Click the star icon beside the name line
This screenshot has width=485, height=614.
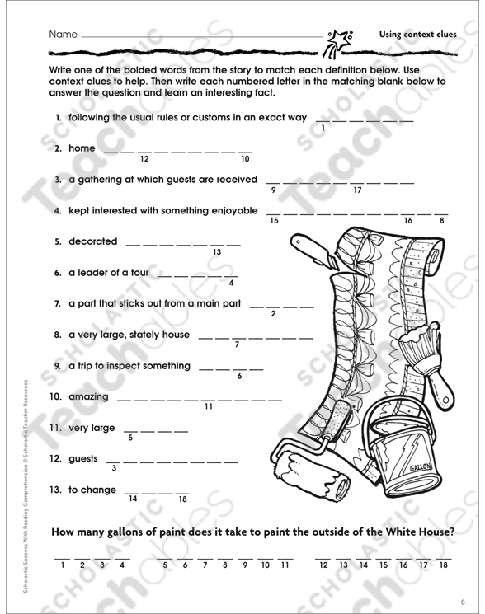click(x=339, y=43)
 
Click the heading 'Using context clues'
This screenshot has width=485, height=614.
click(x=417, y=35)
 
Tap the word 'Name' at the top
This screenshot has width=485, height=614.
click(x=63, y=35)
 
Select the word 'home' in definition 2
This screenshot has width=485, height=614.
click(x=82, y=148)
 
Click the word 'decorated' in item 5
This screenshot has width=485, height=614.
click(x=93, y=241)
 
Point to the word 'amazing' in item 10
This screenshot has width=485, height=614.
click(x=88, y=397)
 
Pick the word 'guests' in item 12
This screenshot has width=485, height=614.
click(x=83, y=459)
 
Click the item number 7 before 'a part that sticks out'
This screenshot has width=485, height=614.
click(x=58, y=303)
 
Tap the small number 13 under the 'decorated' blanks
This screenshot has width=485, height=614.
click(x=217, y=252)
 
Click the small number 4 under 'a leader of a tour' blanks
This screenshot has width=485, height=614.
click(x=231, y=283)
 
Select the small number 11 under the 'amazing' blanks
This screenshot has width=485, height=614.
click(x=209, y=407)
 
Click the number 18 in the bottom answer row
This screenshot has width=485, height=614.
click(x=443, y=565)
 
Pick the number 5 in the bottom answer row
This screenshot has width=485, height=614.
click(x=165, y=565)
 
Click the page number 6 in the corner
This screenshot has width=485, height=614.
click(x=463, y=602)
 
